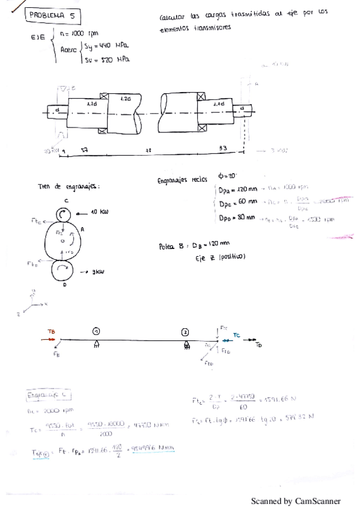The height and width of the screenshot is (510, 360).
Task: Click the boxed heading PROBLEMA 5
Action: [55, 16]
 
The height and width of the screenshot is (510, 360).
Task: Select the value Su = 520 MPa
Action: [109, 59]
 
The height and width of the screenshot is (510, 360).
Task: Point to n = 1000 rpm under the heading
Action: [79, 33]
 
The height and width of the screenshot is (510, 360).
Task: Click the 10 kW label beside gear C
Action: [99, 212]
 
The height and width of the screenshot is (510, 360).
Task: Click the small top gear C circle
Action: [66, 214]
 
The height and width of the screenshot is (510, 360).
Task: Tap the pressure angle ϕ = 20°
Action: [229, 176]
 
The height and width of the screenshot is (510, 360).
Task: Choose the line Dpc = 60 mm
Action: [239, 203]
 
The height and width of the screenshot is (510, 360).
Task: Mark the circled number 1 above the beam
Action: [96, 331]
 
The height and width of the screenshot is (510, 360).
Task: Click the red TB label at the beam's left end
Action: [51, 331]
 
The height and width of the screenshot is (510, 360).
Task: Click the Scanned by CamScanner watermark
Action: [295, 500]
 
